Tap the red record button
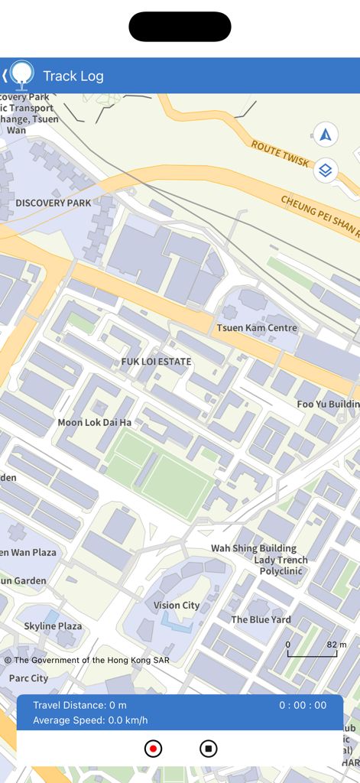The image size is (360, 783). (x=153, y=749)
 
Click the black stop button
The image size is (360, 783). (x=208, y=749)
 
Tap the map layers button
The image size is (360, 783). (x=326, y=170)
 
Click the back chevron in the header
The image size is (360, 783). (x=5, y=76)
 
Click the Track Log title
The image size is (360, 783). (x=73, y=76)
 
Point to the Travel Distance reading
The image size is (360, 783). (x=80, y=705)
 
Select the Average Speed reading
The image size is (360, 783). (x=90, y=720)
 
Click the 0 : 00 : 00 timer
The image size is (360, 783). (x=303, y=705)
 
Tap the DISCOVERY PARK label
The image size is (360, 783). (x=54, y=203)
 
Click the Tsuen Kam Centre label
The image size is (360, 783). (x=257, y=328)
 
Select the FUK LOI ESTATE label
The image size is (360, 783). (x=156, y=361)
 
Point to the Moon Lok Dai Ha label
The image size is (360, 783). (x=95, y=422)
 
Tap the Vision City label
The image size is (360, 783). (x=177, y=605)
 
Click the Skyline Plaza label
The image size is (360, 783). (x=53, y=625)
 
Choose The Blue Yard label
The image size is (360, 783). (x=261, y=619)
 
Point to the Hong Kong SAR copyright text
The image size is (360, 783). (x=87, y=660)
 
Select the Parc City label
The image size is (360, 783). (x=28, y=678)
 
